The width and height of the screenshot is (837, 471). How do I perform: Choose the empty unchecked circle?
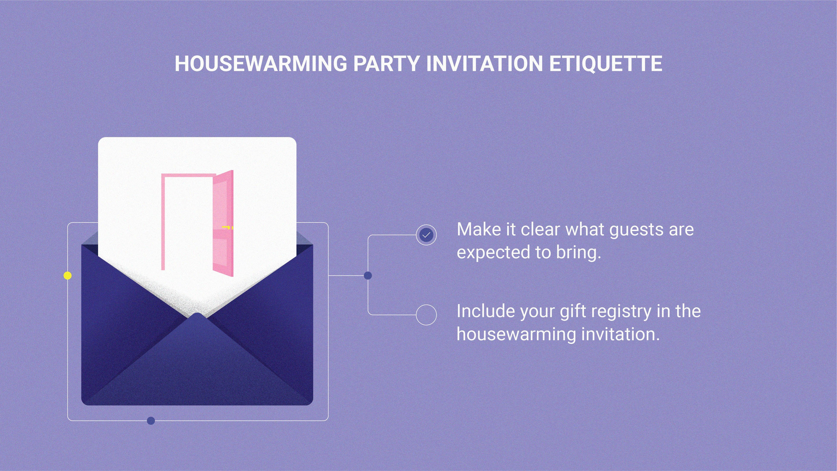[x=426, y=315]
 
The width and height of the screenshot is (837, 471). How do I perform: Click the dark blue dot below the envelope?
[x=151, y=421]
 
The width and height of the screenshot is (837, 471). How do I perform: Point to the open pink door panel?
[x=223, y=224]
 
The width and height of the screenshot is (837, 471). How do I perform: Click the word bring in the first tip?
[x=578, y=253]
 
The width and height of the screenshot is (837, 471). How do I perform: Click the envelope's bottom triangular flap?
[x=197, y=367]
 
